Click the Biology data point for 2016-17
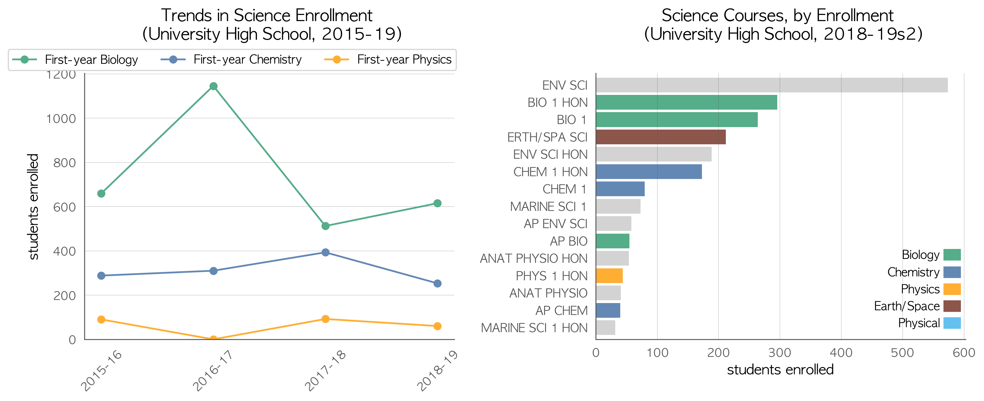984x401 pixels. tap(213, 86)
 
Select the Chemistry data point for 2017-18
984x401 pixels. tap(325, 252)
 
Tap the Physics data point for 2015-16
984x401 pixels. tap(101, 319)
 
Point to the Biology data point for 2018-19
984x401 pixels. tap(437, 203)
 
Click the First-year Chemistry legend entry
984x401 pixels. tap(231, 59)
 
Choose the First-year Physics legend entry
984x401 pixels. tap(388, 59)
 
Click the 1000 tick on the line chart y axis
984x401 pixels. tap(61, 119)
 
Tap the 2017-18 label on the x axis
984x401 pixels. tap(325, 370)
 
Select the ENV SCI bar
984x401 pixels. tap(772, 85)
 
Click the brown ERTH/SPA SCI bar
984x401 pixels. tap(661, 137)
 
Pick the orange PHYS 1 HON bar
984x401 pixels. tap(609, 276)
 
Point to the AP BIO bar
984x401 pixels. tap(613, 241)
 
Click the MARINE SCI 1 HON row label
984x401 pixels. tap(534, 328)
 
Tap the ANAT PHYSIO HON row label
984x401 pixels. tap(534, 258)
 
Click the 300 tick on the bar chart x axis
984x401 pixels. tap(780, 352)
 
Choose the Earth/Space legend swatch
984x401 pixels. tap(952, 306)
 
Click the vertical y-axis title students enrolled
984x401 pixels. tap(34, 206)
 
